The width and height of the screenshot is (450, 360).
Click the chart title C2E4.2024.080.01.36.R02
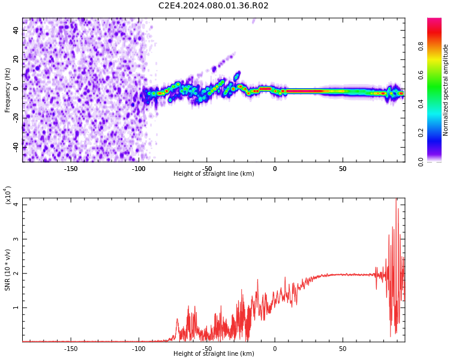(x=213, y=6)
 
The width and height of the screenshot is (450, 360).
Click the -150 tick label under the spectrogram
(x=71, y=168)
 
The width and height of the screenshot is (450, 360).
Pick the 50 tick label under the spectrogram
(x=343, y=168)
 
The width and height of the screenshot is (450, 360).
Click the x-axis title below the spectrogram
(x=214, y=174)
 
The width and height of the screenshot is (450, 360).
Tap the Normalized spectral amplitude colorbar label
(x=446, y=90)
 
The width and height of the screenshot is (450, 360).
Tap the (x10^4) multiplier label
(x=8, y=196)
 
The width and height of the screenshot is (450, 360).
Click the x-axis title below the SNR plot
(x=214, y=354)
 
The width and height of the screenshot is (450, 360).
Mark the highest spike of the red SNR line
(x=396, y=200)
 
